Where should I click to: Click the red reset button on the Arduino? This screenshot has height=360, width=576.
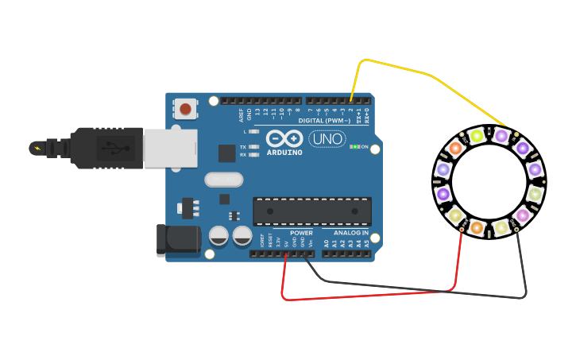click(x=185, y=108)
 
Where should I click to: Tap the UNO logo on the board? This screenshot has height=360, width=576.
click(x=327, y=138)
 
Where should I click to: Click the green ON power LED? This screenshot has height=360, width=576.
click(x=356, y=146)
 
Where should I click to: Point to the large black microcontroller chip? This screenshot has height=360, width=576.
click(x=311, y=211)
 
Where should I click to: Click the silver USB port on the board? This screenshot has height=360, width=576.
click(x=170, y=148)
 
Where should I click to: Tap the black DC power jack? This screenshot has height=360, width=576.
click(x=178, y=240)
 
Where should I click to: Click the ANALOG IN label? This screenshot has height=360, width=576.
click(x=350, y=233)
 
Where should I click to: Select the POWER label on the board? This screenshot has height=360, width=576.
click(x=301, y=233)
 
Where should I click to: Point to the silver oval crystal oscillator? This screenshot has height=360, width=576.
click(x=223, y=180)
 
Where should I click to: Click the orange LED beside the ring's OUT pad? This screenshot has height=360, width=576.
click(x=455, y=147)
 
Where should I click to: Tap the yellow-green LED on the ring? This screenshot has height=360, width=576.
click(x=477, y=136)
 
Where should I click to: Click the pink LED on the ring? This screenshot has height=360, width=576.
click(x=522, y=215)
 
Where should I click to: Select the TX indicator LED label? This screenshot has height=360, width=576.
click(x=243, y=147)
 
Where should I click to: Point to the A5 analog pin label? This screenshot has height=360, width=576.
click(x=366, y=243)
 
